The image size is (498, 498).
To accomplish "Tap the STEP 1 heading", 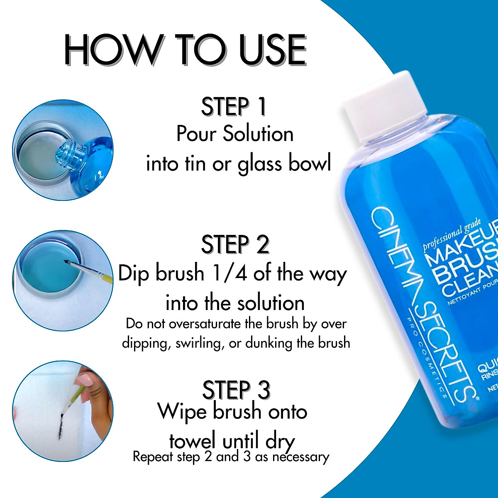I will coord(234,107).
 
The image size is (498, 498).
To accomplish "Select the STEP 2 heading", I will coord(235,245).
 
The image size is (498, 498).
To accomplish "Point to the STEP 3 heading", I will coord(236,390).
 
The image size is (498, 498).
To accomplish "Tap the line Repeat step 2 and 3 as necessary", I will coord(231,457).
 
